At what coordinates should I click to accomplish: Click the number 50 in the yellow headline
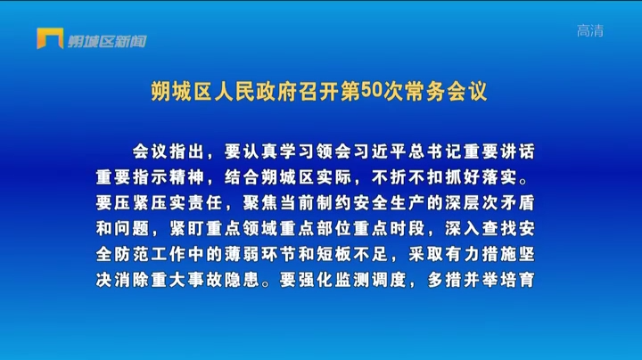pyautogui.click(x=371, y=90)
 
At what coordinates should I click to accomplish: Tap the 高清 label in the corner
pyautogui.click(x=590, y=30)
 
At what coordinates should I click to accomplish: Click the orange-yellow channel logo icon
pyautogui.click(x=50, y=38)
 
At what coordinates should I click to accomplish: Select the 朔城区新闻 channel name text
pyautogui.click(x=107, y=41)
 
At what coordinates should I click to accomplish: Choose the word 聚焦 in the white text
pyautogui.click(x=260, y=203)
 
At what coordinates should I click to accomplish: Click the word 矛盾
pyautogui.click(x=517, y=203)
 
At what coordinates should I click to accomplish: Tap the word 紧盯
pyautogui.click(x=187, y=229)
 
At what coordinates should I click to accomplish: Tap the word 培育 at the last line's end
pyautogui.click(x=517, y=280)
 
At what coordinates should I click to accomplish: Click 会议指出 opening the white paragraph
pyautogui.click(x=168, y=151)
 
